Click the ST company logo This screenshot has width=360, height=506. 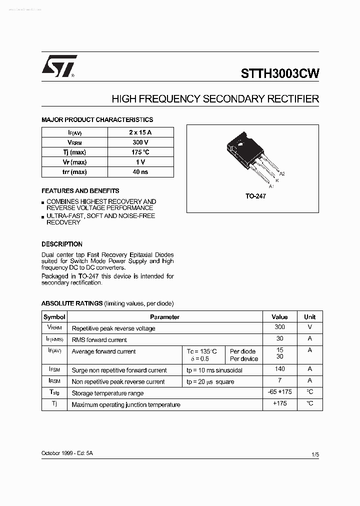58,66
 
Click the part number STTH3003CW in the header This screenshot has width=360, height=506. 279,74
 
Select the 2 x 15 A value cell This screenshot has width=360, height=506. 140,132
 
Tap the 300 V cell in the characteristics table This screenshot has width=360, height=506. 140,142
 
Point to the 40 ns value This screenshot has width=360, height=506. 140,172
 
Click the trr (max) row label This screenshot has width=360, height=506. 74,172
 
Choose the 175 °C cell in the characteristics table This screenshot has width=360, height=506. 140,152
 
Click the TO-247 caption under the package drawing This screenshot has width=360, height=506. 255,196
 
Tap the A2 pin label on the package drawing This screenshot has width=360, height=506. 282,173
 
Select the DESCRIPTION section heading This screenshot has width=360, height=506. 62,244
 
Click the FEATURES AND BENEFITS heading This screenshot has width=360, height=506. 80,191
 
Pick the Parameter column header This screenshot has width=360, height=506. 164,317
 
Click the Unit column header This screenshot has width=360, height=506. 309,317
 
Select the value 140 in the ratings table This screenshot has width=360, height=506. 279,369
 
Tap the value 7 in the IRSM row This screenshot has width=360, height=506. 279,380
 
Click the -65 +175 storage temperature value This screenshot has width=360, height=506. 279,392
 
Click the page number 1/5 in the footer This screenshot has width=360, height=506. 314,454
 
